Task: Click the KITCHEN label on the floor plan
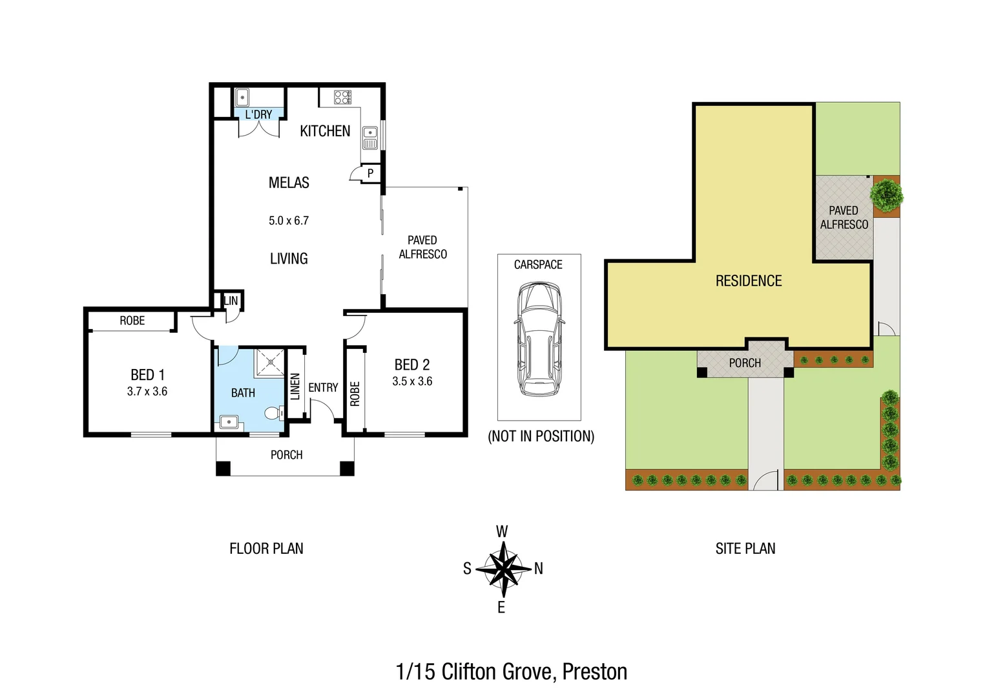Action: click(x=325, y=131)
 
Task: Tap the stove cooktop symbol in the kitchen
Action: click(x=342, y=98)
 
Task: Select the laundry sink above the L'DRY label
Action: click(x=242, y=98)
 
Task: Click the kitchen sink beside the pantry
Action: click(x=369, y=138)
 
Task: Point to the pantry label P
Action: click(x=370, y=173)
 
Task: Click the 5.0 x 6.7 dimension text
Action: click(x=289, y=220)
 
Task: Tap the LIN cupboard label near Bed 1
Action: click(x=231, y=301)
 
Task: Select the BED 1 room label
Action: click(x=147, y=375)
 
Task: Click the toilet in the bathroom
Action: click(x=274, y=412)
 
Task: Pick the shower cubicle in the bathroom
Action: click(x=269, y=362)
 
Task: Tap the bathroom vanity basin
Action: click(x=229, y=422)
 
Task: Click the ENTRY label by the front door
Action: click(x=323, y=387)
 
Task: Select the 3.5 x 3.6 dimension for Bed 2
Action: click(x=412, y=381)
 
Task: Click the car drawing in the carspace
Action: click(x=539, y=339)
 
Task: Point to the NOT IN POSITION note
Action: click(x=541, y=436)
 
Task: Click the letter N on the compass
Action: click(x=538, y=569)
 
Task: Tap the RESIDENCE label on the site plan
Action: click(x=749, y=281)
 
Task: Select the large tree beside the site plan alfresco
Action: click(x=887, y=193)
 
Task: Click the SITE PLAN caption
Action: click(x=745, y=549)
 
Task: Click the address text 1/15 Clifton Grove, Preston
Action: click(x=511, y=672)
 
